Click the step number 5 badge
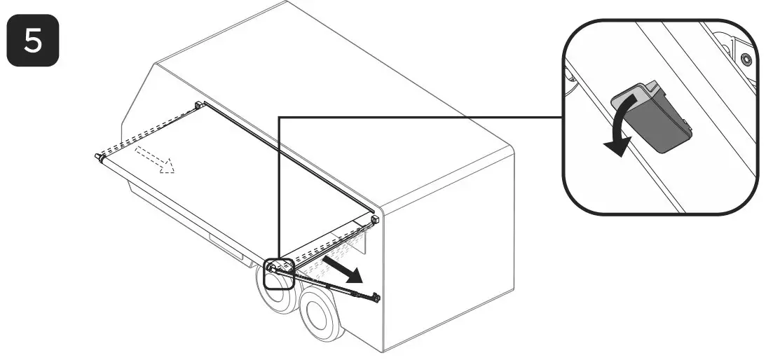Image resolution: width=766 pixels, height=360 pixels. [33, 42]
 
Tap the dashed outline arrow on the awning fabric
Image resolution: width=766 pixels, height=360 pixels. [155, 158]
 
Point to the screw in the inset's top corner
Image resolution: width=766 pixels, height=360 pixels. [744, 57]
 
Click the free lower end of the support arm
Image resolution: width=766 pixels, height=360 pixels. [377, 298]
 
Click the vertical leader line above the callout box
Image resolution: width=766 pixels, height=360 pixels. [280, 189]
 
